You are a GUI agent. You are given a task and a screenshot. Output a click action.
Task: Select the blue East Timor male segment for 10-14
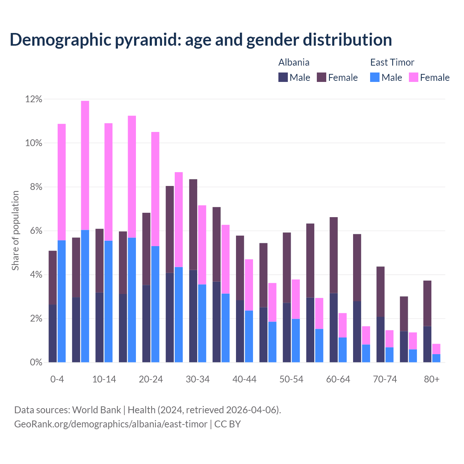108,301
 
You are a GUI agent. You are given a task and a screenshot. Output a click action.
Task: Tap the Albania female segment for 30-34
193,224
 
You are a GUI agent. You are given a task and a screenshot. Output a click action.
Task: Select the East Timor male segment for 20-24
155,304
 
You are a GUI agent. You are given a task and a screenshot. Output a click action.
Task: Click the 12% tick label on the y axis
34,99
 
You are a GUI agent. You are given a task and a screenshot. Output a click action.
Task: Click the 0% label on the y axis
36,362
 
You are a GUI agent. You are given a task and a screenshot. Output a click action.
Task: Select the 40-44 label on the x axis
244,379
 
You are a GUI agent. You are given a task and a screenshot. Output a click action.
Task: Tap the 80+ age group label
432,379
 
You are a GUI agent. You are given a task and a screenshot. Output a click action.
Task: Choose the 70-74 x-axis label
385,379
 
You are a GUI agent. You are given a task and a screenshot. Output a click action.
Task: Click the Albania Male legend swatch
283,77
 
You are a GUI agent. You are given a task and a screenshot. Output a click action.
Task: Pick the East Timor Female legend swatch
414,77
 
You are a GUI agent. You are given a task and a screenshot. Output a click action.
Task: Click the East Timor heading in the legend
392,62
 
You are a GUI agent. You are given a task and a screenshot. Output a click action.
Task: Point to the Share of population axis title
16,231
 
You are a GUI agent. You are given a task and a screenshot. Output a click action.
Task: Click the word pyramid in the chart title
148,40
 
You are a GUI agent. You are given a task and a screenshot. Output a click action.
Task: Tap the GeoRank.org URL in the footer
111,424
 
